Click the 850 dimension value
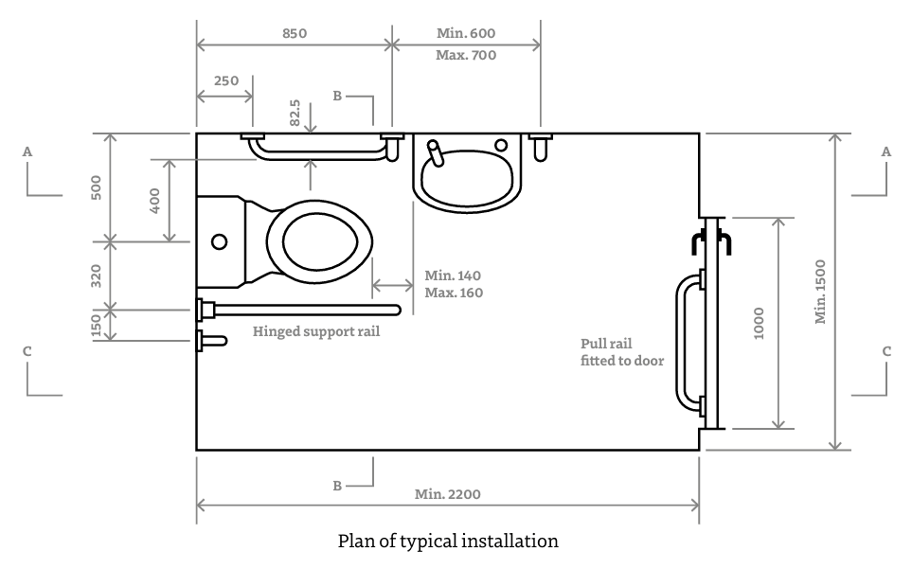(x=294, y=32)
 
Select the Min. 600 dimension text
(x=465, y=33)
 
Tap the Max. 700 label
(x=465, y=55)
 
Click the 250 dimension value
(x=225, y=81)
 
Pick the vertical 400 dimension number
(x=153, y=200)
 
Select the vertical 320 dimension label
(x=96, y=275)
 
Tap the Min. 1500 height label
(x=820, y=291)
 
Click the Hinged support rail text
(x=316, y=332)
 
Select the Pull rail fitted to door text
(x=622, y=352)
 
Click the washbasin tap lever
(x=435, y=152)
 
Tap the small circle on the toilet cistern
(x=219, y=241)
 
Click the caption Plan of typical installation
(x=448, y=542)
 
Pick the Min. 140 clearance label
(x=453, y=276)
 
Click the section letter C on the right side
(x=886, y=351)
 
